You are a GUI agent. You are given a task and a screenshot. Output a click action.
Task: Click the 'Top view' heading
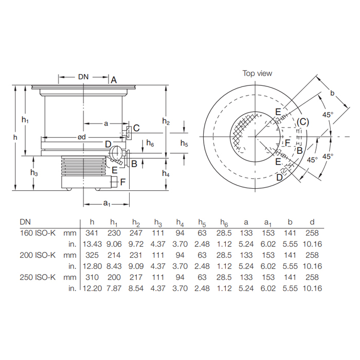257,74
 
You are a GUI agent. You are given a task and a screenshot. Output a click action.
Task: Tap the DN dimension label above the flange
83,77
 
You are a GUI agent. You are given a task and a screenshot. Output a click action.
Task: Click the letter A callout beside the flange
114,79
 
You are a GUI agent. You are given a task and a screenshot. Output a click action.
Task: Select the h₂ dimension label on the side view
166,121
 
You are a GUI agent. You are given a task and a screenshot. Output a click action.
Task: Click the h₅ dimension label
184,144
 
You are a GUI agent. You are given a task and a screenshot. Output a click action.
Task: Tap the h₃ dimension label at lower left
34,173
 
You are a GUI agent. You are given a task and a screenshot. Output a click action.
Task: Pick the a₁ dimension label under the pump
107,204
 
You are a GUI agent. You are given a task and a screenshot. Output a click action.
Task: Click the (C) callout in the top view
303,122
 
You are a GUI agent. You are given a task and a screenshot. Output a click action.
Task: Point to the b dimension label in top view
332,93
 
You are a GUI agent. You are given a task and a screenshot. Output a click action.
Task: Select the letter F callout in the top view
288,142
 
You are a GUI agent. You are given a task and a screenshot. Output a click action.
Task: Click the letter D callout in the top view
279,177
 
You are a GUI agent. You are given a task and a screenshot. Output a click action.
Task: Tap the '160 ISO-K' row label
37,233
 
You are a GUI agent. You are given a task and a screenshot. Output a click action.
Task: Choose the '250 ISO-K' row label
37,277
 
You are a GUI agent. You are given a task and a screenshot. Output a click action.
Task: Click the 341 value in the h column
92,233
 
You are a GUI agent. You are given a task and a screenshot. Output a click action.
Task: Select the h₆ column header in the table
223,222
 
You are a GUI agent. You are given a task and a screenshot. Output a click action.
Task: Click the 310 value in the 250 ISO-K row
92,277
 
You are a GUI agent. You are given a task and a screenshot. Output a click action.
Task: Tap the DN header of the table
25,222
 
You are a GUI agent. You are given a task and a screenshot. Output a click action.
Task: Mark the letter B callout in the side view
134,164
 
